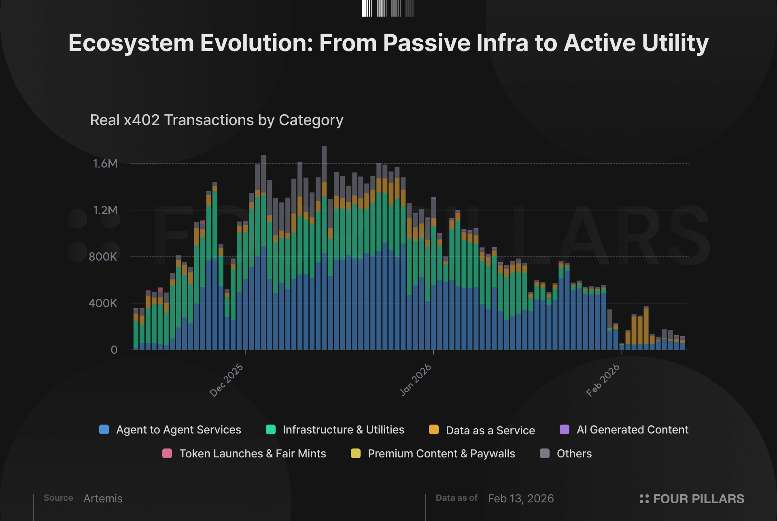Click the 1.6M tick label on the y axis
pos(105,164)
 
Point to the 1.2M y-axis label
pos(105,210)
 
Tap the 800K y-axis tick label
pos(103,257)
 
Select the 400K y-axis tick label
pos(103,303)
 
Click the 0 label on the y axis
pos(114,350)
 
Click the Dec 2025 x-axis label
pos(227,380)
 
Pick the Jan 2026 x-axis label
pos(416,380)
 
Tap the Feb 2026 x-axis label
pos(603,380)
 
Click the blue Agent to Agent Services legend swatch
pos(104,430)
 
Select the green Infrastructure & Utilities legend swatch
pos(271,430)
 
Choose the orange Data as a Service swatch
pos(434,430)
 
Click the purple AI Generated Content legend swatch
pos(565,430)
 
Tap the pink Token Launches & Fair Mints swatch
pos(167,454)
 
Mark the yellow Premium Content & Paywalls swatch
pos(356,454)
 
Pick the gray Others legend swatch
pos(545,454)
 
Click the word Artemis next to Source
pos(103,499)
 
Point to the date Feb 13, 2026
pos(521,499)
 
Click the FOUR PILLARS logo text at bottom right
pos(698,499)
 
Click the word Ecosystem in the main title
pos(131,43)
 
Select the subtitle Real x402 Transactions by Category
pos(217,120)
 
